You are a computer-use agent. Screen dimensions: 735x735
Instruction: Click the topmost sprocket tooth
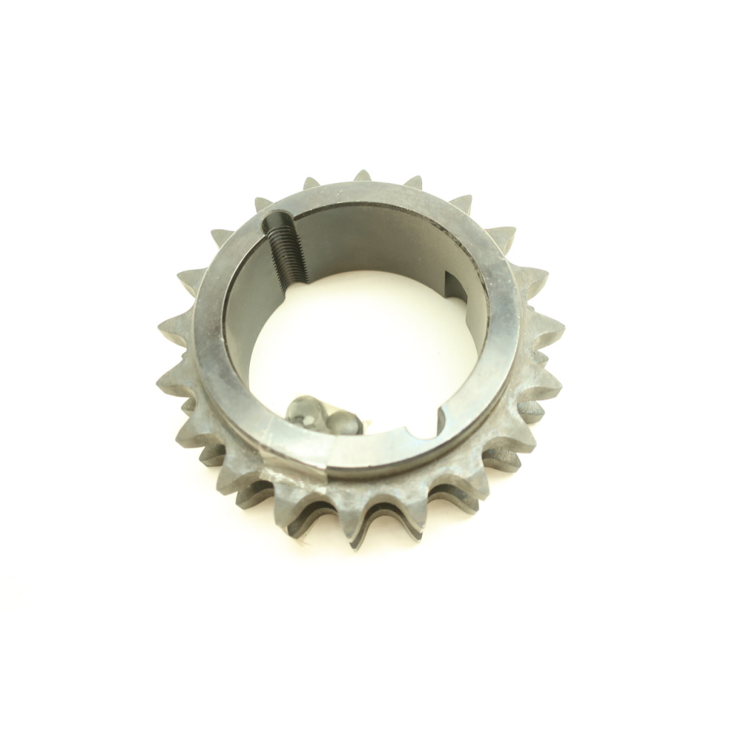(x=362, y=176)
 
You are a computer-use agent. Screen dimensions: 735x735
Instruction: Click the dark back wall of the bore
(x=373, y=237)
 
